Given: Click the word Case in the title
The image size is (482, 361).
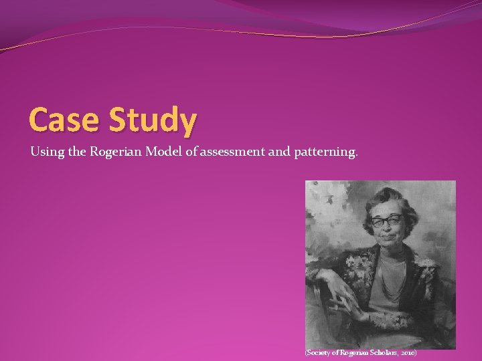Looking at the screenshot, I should (x=63, y=120).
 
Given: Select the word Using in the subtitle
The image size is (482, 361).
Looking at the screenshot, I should (x=46, y=152).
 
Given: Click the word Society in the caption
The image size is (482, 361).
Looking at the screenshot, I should (x=319, y=352).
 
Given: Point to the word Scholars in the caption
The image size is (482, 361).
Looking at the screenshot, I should (x=380, y=352).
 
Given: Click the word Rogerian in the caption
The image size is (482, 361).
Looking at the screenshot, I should (x=351, y=352).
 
